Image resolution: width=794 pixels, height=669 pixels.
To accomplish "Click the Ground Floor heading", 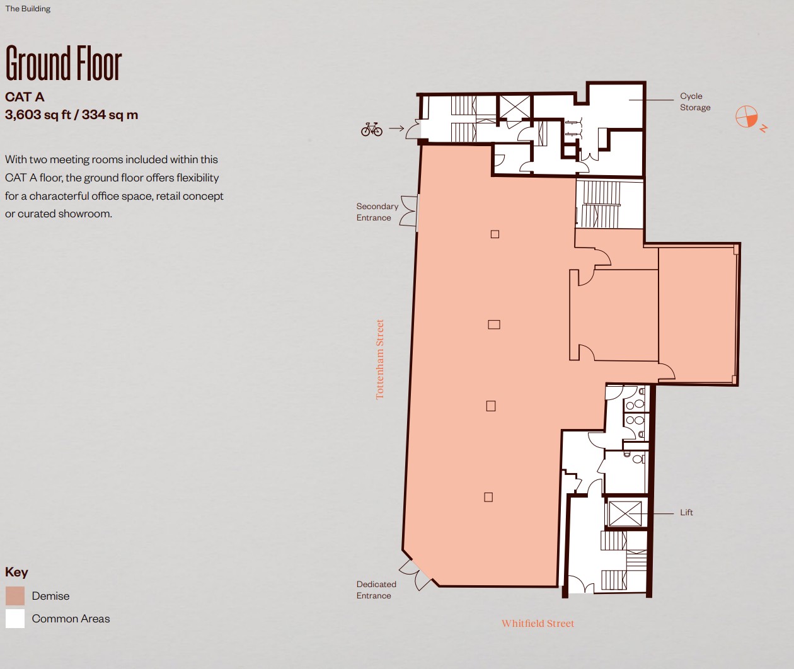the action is [64, 63].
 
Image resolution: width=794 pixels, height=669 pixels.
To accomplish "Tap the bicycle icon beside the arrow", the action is [372, 129].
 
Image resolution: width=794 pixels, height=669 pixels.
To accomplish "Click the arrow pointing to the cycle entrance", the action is [396, 129].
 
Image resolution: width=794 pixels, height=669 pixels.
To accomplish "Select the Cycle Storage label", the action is [695, 102].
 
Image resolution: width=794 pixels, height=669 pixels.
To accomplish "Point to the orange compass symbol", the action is [747, 117].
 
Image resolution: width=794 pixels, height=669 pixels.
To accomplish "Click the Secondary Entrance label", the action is [377, 212].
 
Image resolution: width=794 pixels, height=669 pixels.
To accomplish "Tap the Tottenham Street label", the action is [379, 359].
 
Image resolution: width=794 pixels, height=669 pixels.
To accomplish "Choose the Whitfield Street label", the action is [538, 624].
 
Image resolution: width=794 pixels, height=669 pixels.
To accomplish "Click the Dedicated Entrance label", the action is [376, 590].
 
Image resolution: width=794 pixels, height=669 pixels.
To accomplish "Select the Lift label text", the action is [686, 512].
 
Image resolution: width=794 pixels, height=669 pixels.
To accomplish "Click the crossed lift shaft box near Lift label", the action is [625, 513].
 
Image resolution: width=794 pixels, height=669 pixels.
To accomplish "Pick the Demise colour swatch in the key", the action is [15, 596].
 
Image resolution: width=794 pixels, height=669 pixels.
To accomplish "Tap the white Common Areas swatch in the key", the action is [15, 619].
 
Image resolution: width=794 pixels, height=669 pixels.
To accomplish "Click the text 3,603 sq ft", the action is [38, 115].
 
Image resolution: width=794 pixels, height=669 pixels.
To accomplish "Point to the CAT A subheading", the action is [25, 97].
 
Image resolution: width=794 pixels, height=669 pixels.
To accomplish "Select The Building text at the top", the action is [28, 9].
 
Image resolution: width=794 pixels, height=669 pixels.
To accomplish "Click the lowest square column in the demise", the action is [488, 497].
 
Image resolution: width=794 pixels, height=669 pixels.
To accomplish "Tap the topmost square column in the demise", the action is [495, 234].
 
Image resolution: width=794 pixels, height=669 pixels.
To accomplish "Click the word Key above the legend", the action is [16, 572].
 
